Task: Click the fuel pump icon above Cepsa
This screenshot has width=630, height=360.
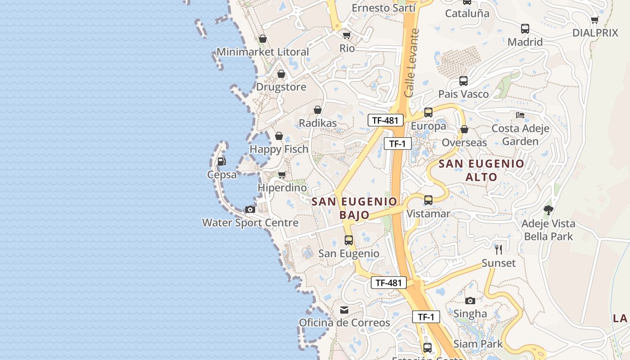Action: (221, 161)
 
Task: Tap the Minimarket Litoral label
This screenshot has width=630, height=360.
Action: (263, 52)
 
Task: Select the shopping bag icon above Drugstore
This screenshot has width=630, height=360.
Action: (281, 74)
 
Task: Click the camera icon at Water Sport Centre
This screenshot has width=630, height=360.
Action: (250, 209)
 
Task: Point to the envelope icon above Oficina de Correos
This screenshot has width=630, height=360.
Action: (344, 310)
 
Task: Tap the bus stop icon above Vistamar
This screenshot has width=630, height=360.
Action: (428, 200)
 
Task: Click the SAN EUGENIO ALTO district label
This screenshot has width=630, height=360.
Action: (481, 170)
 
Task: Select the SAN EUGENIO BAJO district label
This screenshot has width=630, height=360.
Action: (355, 208)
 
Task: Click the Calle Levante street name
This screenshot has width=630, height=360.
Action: (411, 63)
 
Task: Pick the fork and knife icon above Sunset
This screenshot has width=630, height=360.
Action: (499, 249)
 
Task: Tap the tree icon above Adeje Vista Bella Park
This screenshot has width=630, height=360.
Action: (548, 210)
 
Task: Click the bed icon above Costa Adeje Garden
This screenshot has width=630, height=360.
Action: (520, 115)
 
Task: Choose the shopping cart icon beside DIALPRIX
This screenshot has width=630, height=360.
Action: (594, 20)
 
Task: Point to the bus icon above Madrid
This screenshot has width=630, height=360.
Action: (525, 29)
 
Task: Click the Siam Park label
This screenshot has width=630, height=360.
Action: (478, 344)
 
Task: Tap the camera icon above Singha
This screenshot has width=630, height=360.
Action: (470, 300)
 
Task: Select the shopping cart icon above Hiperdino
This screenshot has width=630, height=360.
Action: (282, 175)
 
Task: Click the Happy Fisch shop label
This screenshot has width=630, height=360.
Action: (279, 149)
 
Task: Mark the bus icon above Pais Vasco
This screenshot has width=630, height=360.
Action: (463, 81)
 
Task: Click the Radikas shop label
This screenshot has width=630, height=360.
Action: (318, 123)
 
